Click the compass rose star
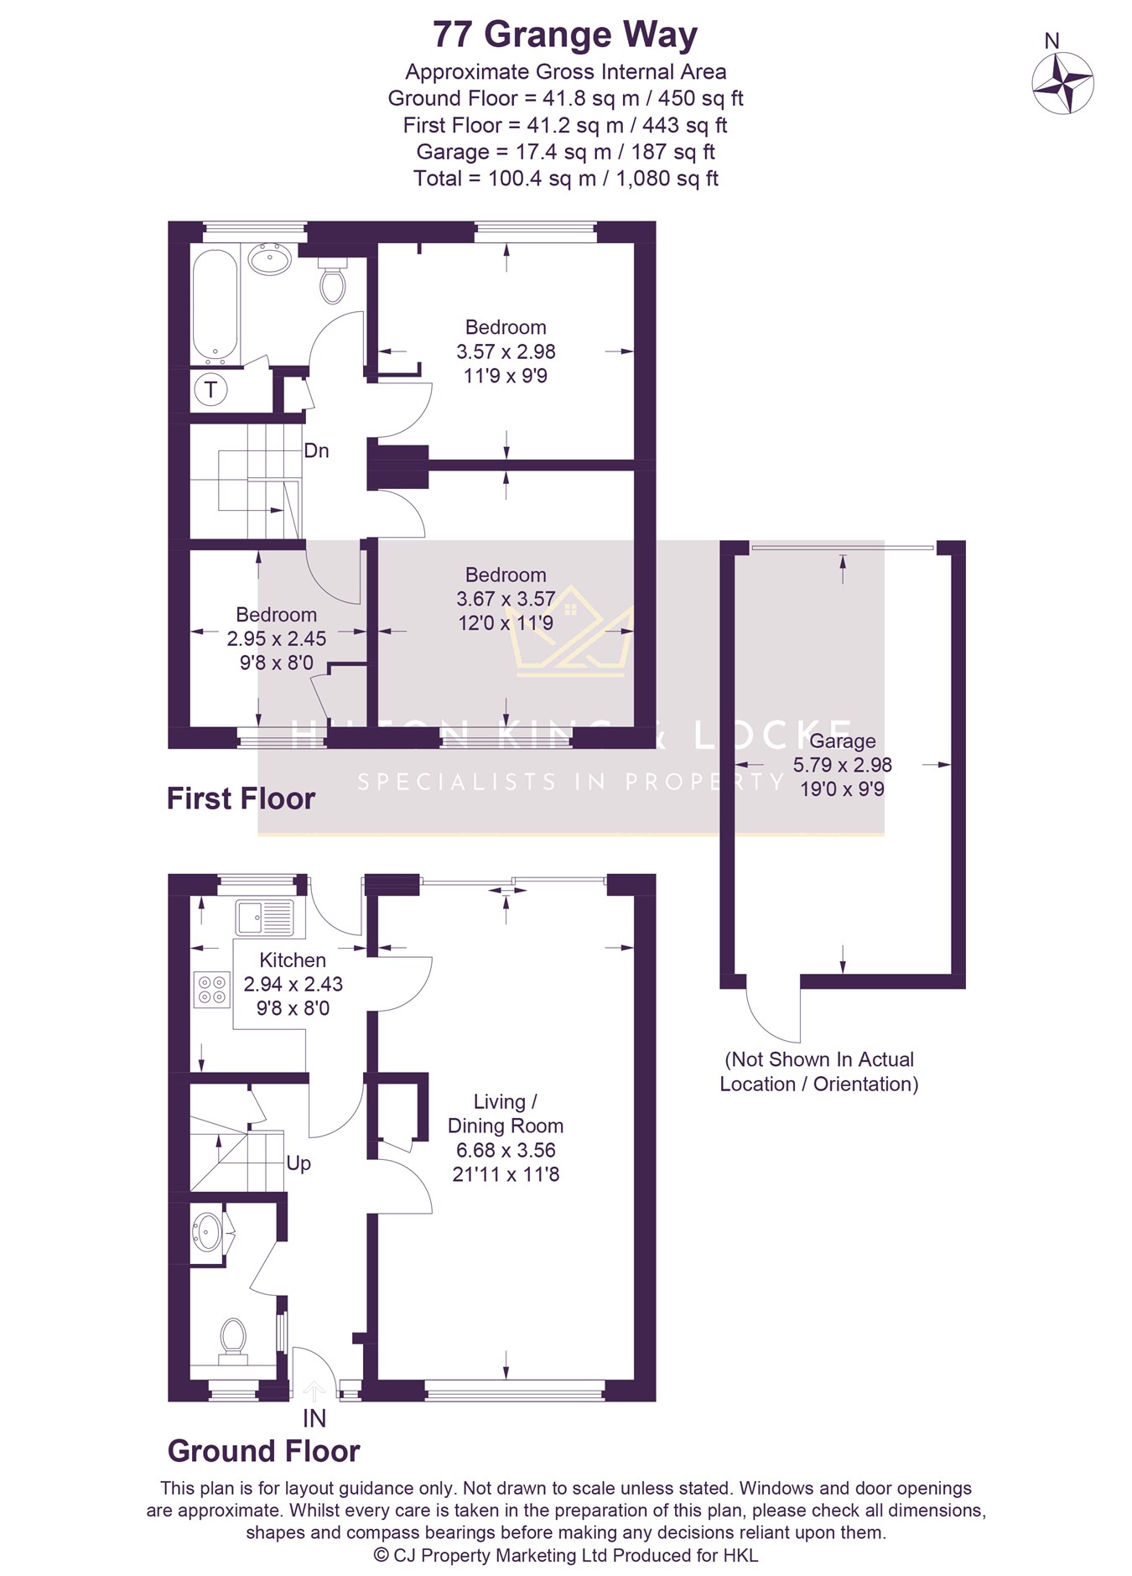click(1062, 82)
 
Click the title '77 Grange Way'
click(565, 35)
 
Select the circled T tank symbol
click(210, 389)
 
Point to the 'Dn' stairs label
click(316, 450)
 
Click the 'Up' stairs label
click(299, 1163)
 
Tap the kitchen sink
click(265, 918)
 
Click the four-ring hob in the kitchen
click(211, 989)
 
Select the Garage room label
click(842, 741)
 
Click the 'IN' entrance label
click(314, 1418)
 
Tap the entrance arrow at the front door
click(314, 1391)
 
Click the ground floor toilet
click(232, 1342)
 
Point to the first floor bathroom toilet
click(333, 280)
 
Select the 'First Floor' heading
click(241, 798)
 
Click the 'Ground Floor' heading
click(263, 1451)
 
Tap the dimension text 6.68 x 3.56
click(506, 1150)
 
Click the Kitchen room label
click(293, 960)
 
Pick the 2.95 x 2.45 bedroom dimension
click(277, 639)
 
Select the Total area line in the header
click(566, 179)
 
